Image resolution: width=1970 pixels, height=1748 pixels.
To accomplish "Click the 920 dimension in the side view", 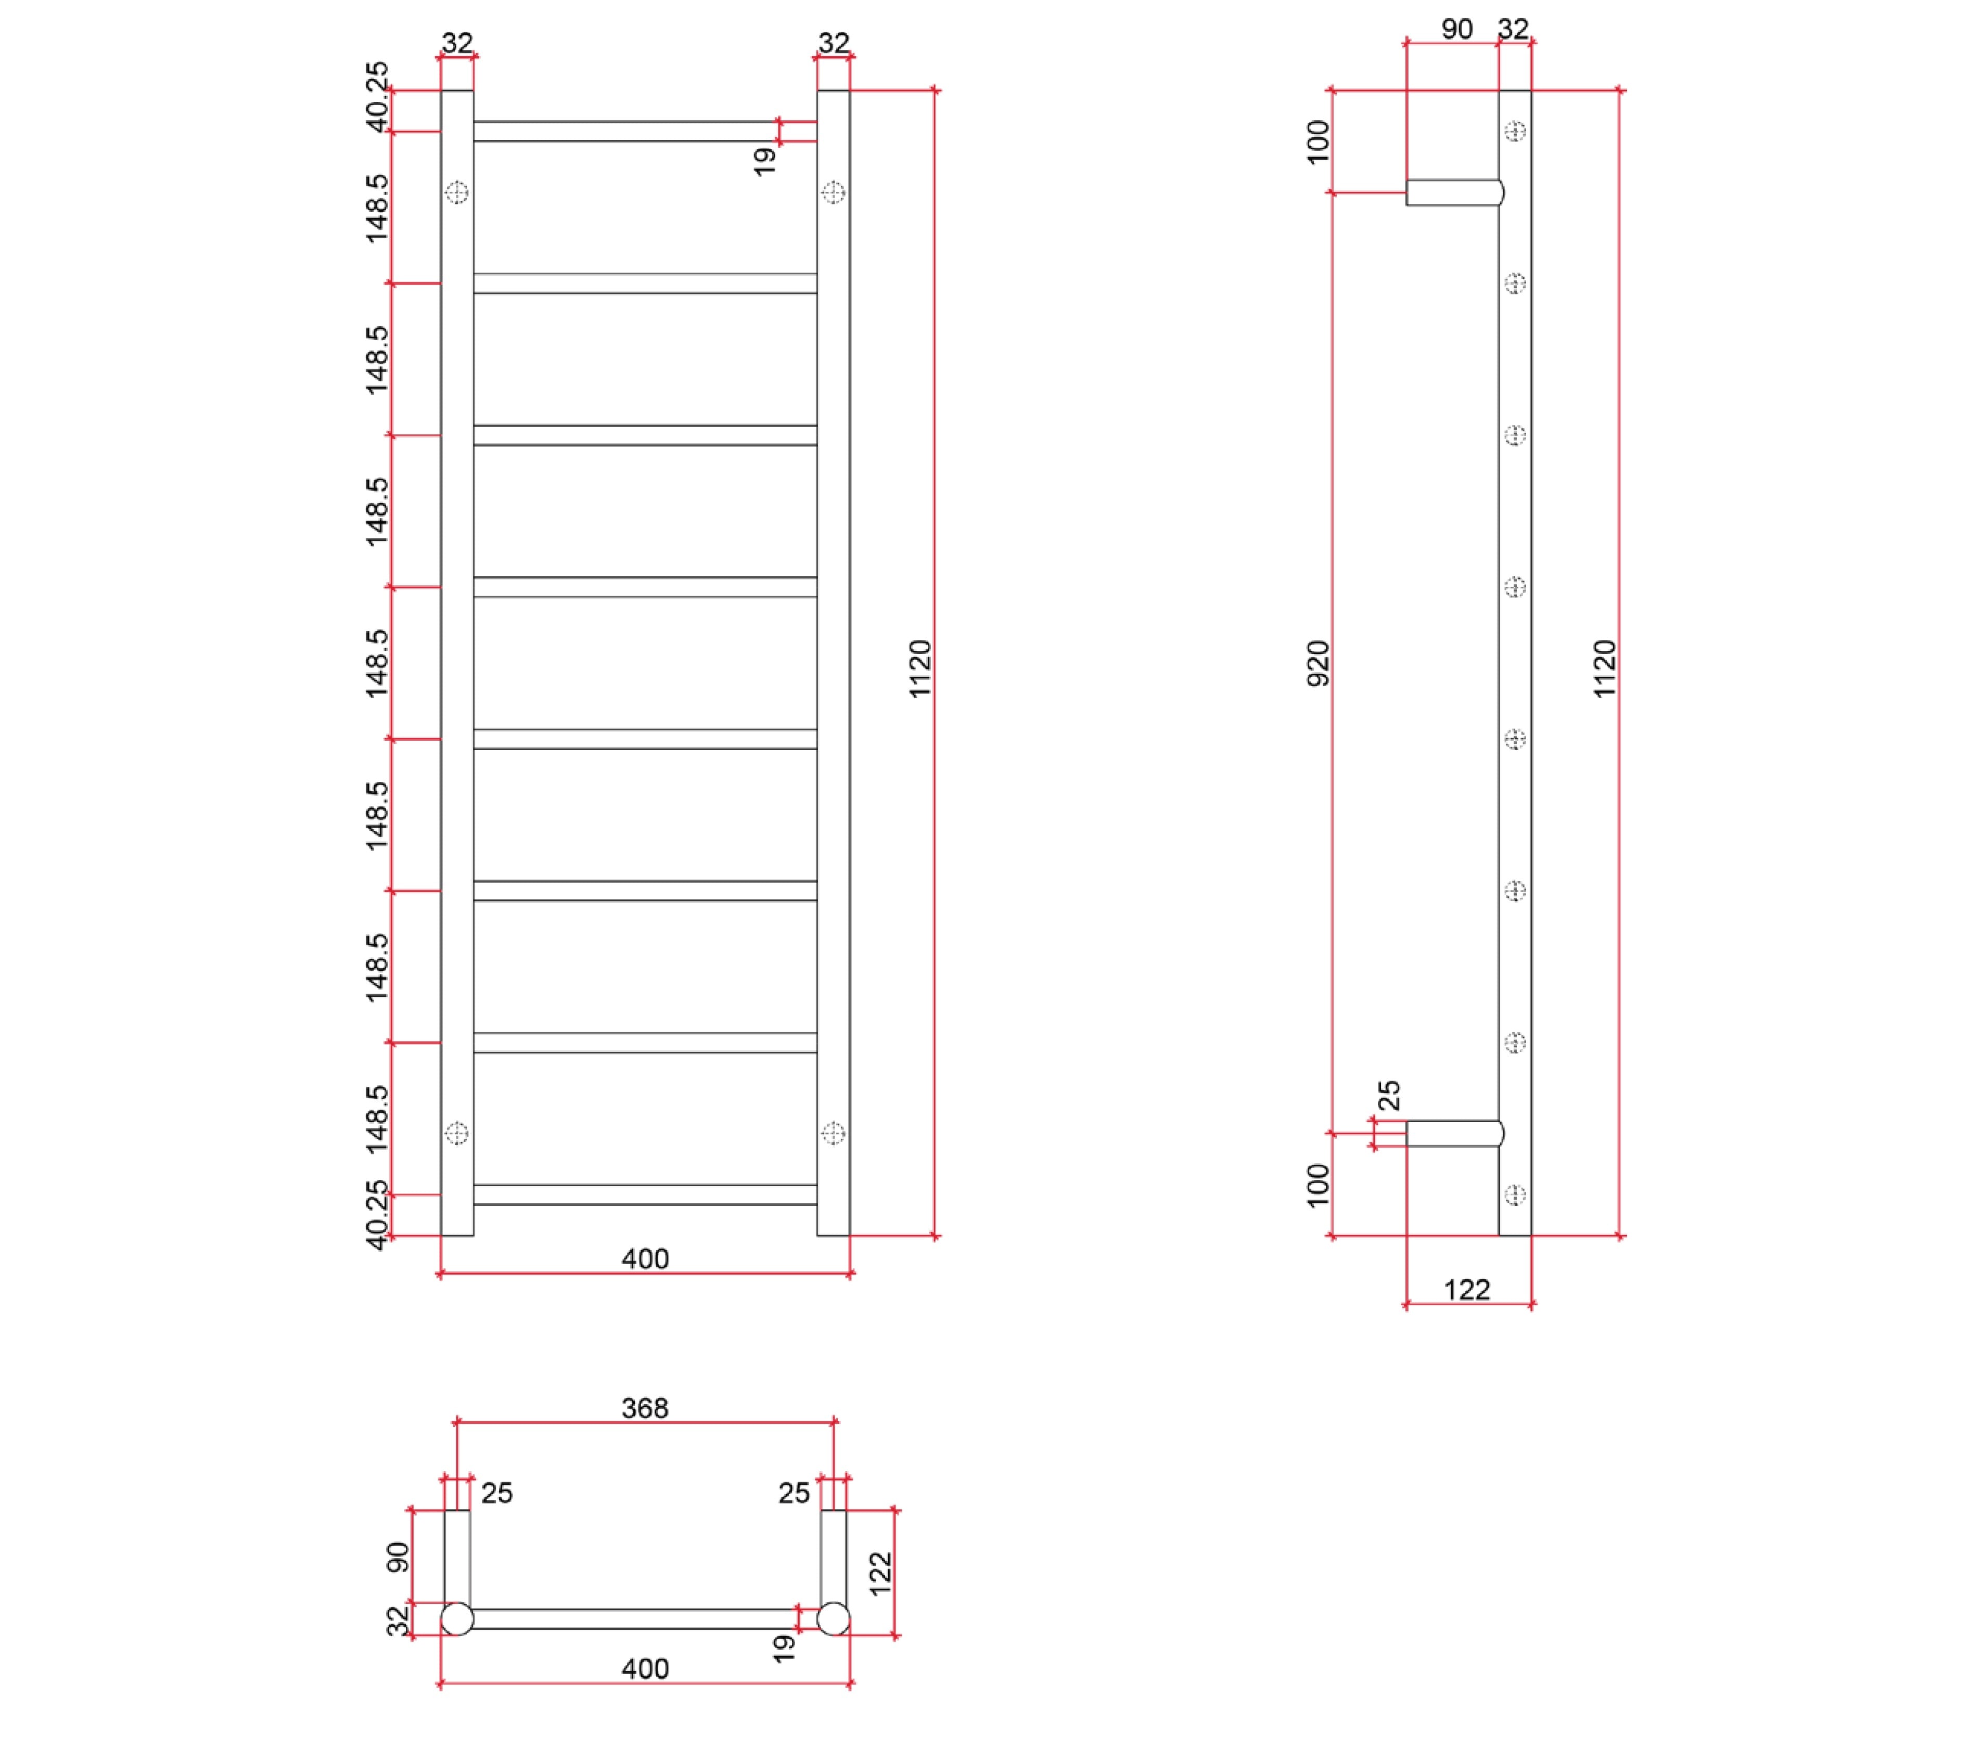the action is pos(1317,663).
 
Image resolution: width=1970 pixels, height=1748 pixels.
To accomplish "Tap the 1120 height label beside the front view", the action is pos(920,669).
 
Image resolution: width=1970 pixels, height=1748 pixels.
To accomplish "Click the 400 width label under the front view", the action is pos(645,1258).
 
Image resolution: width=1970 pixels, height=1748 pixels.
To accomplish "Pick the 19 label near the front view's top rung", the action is pos(764,161).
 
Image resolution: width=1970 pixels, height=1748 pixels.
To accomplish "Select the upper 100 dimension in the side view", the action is pos(1317,143).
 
